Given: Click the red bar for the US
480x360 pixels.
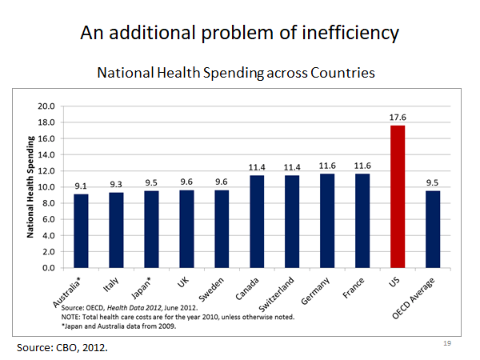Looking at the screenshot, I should coord(398,196).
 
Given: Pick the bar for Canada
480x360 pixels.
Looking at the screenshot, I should coord(257,221).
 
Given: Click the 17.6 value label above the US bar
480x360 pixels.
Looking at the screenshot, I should coord(398,118).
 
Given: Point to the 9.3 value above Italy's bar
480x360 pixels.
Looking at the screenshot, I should coord(116,185).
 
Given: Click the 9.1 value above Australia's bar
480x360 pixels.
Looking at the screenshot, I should coord(81,186).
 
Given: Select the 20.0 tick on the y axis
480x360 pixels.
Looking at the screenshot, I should coord(46,106).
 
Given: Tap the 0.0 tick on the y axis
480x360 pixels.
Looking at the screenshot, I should coord(46,267).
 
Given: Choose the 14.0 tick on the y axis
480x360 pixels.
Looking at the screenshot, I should coord(46,154).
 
